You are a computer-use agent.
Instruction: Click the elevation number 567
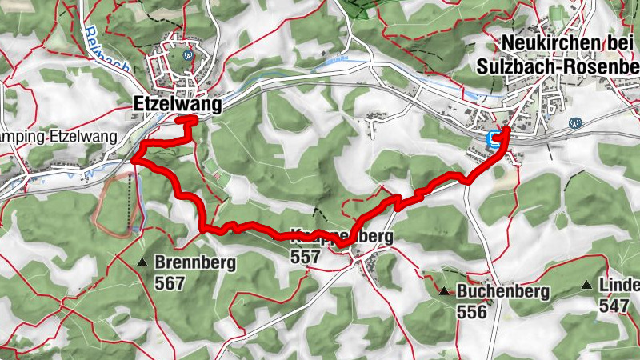pos(171,283)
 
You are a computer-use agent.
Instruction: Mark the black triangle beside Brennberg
pos(142,262)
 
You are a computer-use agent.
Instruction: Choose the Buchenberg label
pos(503,292)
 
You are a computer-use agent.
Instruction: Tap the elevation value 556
pos(472,311)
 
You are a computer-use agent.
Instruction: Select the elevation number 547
pos(615,305)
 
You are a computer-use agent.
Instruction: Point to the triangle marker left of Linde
pos(587,285)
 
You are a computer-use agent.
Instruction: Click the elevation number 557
pos(306,257)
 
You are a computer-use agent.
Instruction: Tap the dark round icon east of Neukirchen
pos(574,122)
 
